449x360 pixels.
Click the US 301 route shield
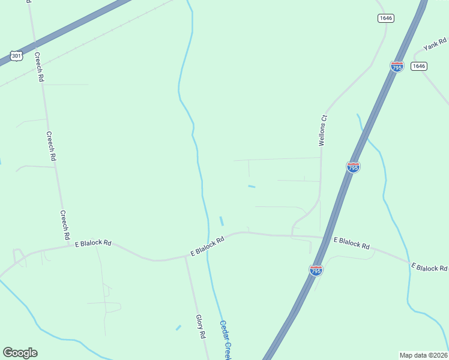[16, 56]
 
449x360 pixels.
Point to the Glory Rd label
[200, 326]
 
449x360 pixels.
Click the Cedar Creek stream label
[225, 340]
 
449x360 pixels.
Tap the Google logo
[20, 353]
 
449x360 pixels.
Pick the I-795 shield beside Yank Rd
[397, 67]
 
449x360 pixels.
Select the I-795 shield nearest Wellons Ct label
[354, 167]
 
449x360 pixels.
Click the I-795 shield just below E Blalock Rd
[316, 271]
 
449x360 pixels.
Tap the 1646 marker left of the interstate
[386, 18]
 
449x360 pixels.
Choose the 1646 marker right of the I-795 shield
[419, 66]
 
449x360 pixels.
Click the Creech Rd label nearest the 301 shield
[39, 67]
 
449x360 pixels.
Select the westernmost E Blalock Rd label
[93, 243]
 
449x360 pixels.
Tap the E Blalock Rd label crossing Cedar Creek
[207, 246]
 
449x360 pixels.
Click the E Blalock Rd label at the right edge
[429, 267]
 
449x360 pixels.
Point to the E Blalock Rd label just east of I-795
[352, 243]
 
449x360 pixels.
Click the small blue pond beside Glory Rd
[178, 328]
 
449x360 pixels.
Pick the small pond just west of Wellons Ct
[252, 187]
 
